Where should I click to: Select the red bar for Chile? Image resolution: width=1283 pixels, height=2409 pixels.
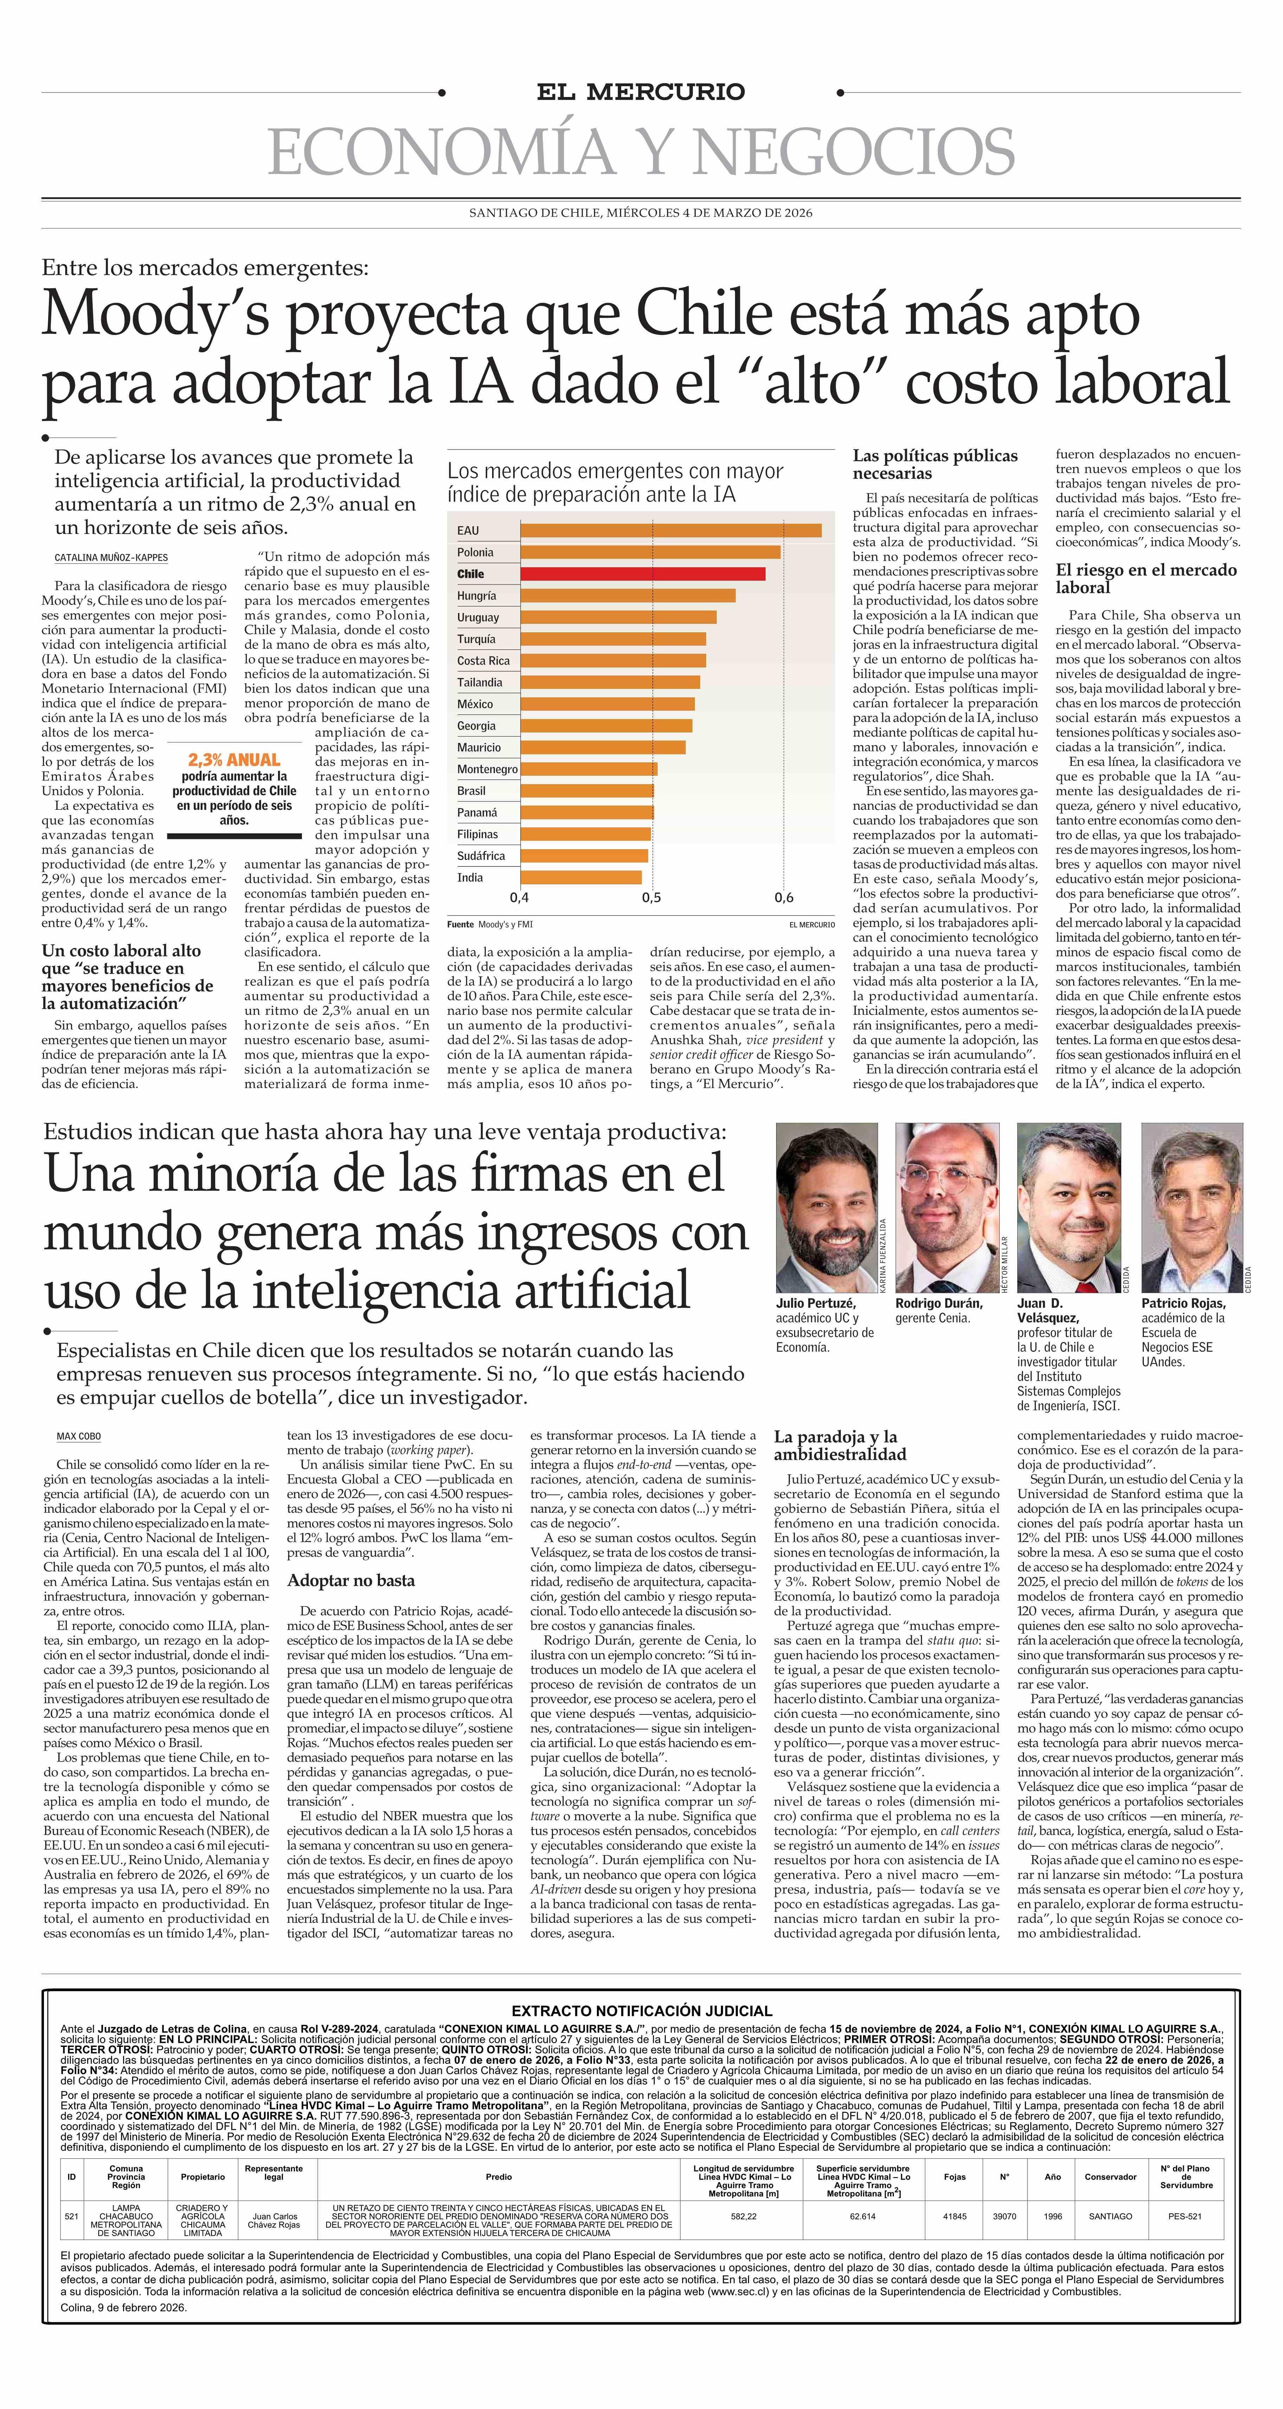point(643,573)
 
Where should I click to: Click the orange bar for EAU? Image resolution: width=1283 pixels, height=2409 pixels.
point(670,530)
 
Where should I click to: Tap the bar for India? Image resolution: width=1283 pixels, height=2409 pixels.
point(581,877)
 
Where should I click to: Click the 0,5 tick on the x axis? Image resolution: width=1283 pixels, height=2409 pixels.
point(651,898)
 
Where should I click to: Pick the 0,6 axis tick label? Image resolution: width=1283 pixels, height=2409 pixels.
point(784,898)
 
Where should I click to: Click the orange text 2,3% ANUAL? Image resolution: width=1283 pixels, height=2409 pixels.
point(234,760)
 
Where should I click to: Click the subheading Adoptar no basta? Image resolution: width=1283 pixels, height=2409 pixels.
point(351,1581)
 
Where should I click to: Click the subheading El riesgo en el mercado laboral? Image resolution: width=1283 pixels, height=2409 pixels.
point(1146,578)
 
